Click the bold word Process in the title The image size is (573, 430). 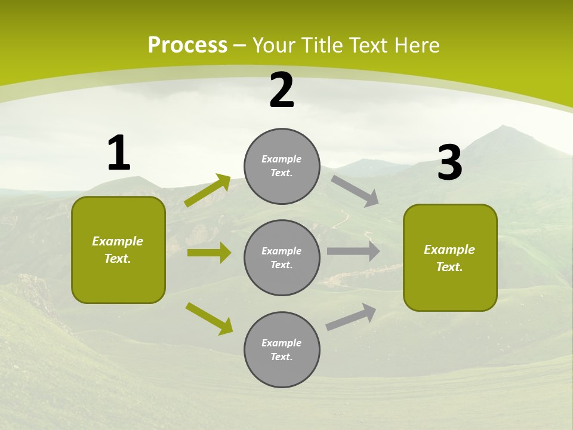coord(187,45)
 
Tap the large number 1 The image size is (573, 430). coord(118,153)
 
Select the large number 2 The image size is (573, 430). coord(282,91)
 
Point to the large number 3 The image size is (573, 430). coord(449,163)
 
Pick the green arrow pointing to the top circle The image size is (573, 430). coord(208,191)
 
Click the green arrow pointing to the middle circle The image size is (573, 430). coord(209,253)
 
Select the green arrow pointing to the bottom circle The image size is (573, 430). coord(210,318)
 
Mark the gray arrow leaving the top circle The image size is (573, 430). coord(355,191)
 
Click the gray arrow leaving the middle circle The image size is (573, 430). coord(353,251)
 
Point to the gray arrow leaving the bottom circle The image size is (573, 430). coord(351,317)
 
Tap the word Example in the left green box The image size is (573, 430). coord(118,241)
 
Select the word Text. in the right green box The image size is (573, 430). coord(449,267)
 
